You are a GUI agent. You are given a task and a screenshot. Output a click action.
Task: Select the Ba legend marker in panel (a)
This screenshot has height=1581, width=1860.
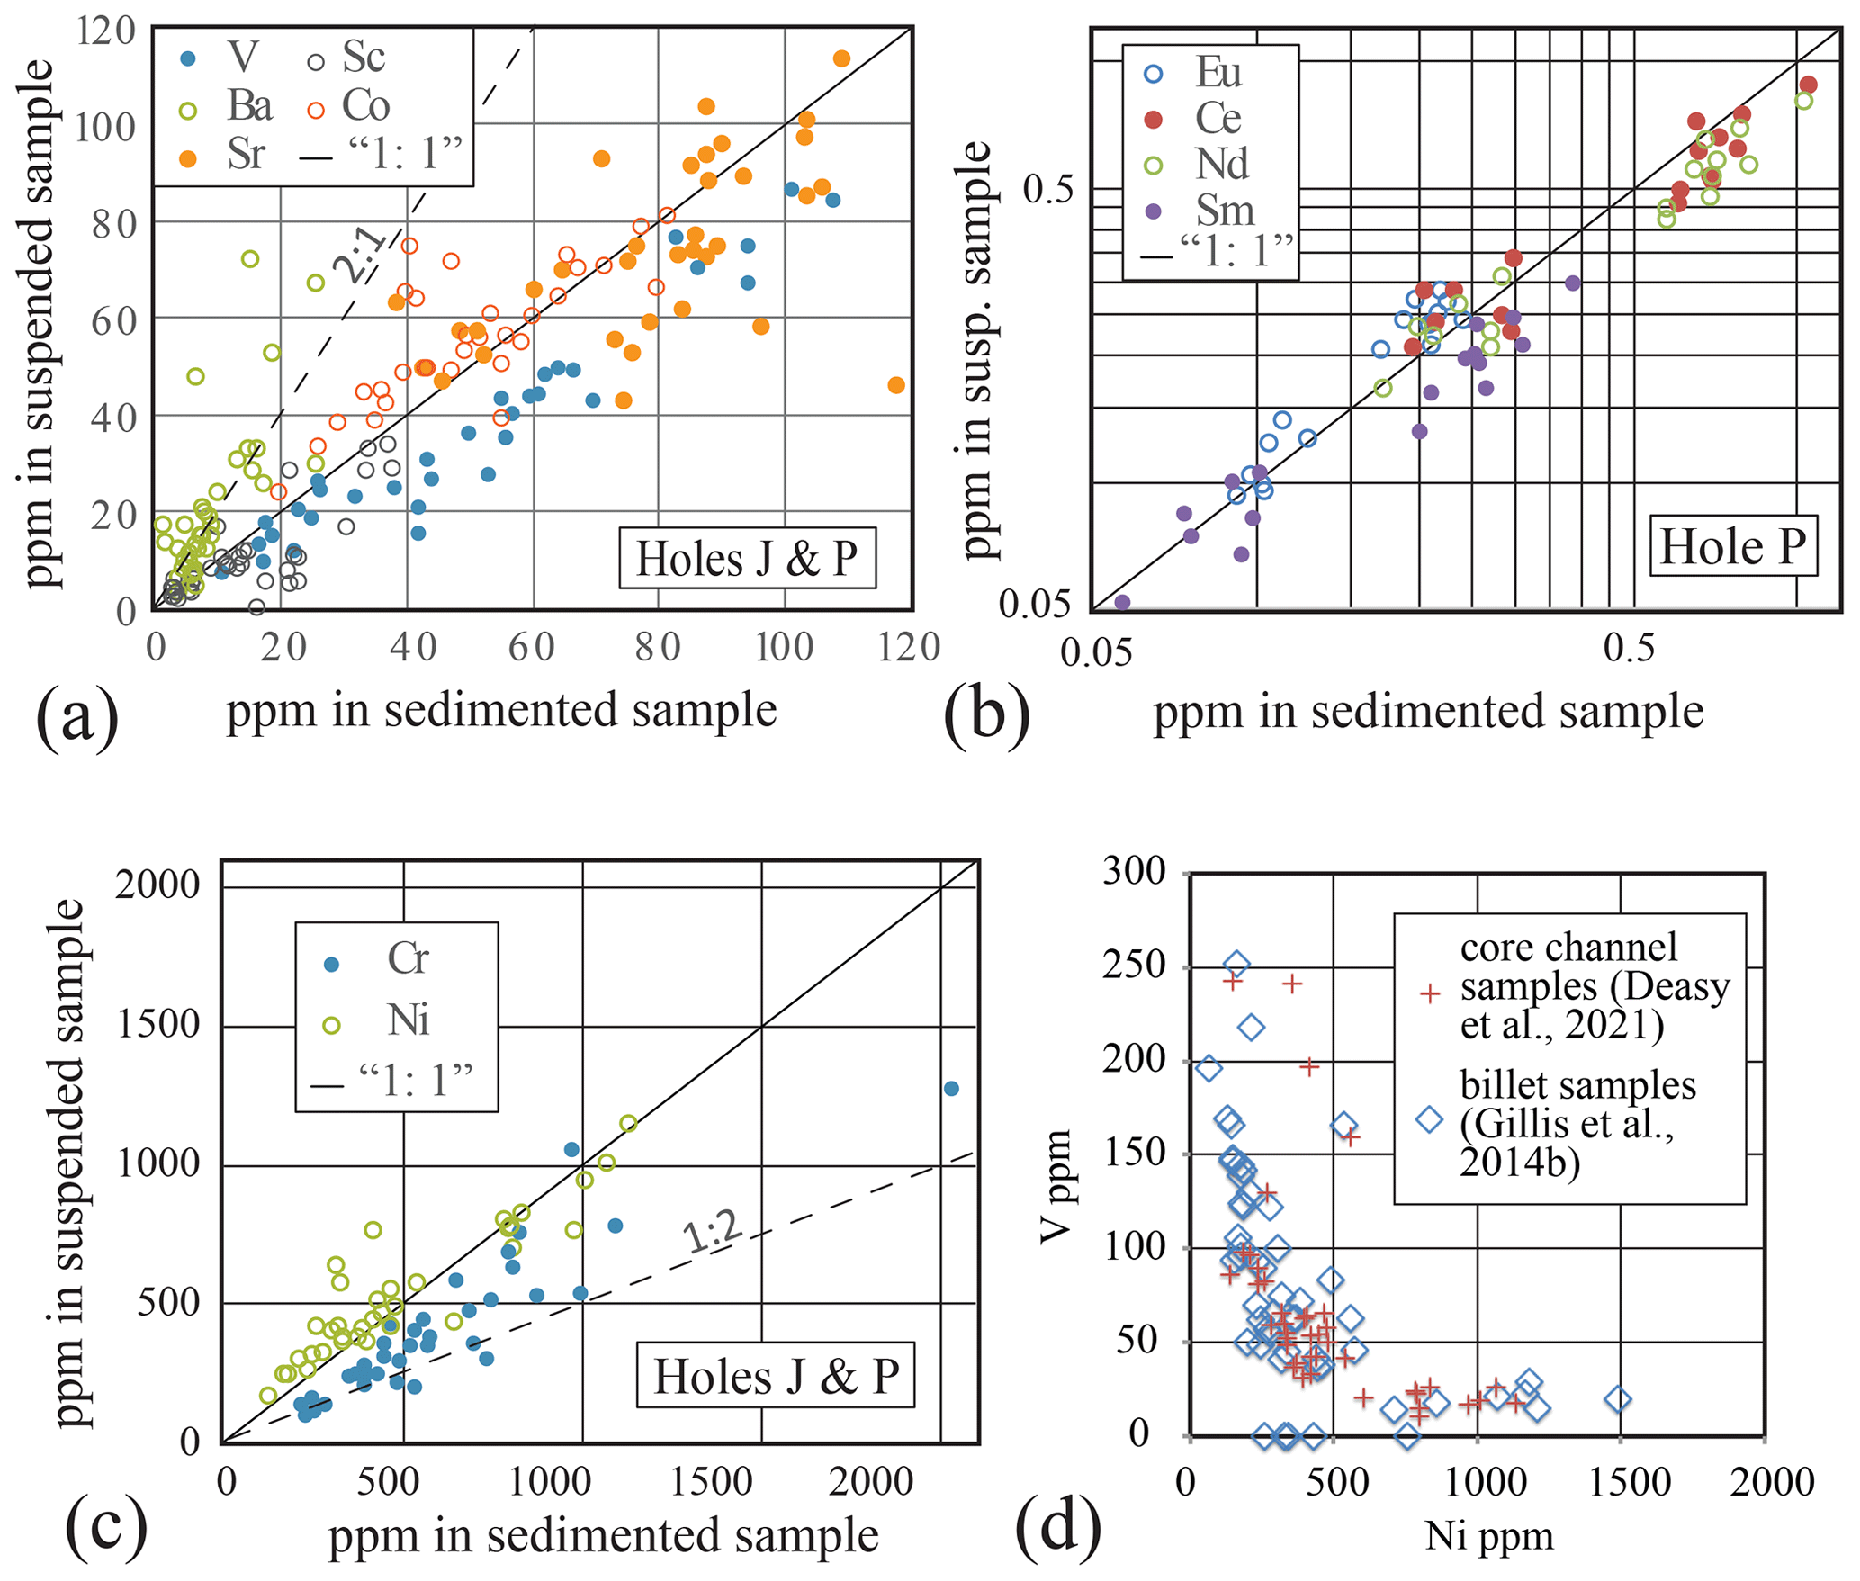(188, 110)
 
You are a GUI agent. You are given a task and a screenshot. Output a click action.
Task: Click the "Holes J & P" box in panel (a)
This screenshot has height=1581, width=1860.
(747, 559)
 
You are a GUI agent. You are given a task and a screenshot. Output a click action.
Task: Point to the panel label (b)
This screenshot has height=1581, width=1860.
(986, 715)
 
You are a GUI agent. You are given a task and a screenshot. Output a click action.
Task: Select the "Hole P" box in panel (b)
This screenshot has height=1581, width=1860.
(1732, 546)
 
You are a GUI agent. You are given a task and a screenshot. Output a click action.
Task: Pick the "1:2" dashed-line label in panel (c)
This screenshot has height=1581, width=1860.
(713, 1232)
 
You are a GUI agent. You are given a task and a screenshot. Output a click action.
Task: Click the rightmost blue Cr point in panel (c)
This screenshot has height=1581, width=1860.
(951, 1089)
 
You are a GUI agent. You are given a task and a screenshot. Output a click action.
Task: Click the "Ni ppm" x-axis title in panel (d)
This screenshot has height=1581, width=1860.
(1489, 1535)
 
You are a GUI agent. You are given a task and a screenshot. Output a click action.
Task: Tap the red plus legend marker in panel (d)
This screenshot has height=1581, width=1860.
(1429, 993)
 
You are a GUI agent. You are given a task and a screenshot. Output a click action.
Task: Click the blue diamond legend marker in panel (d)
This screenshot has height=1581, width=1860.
(1429, 1119)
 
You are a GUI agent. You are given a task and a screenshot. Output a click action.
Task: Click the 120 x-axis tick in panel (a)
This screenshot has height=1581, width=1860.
(909, 648)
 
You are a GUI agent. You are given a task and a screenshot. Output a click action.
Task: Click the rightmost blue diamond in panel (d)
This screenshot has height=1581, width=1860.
(1618, 1399)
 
